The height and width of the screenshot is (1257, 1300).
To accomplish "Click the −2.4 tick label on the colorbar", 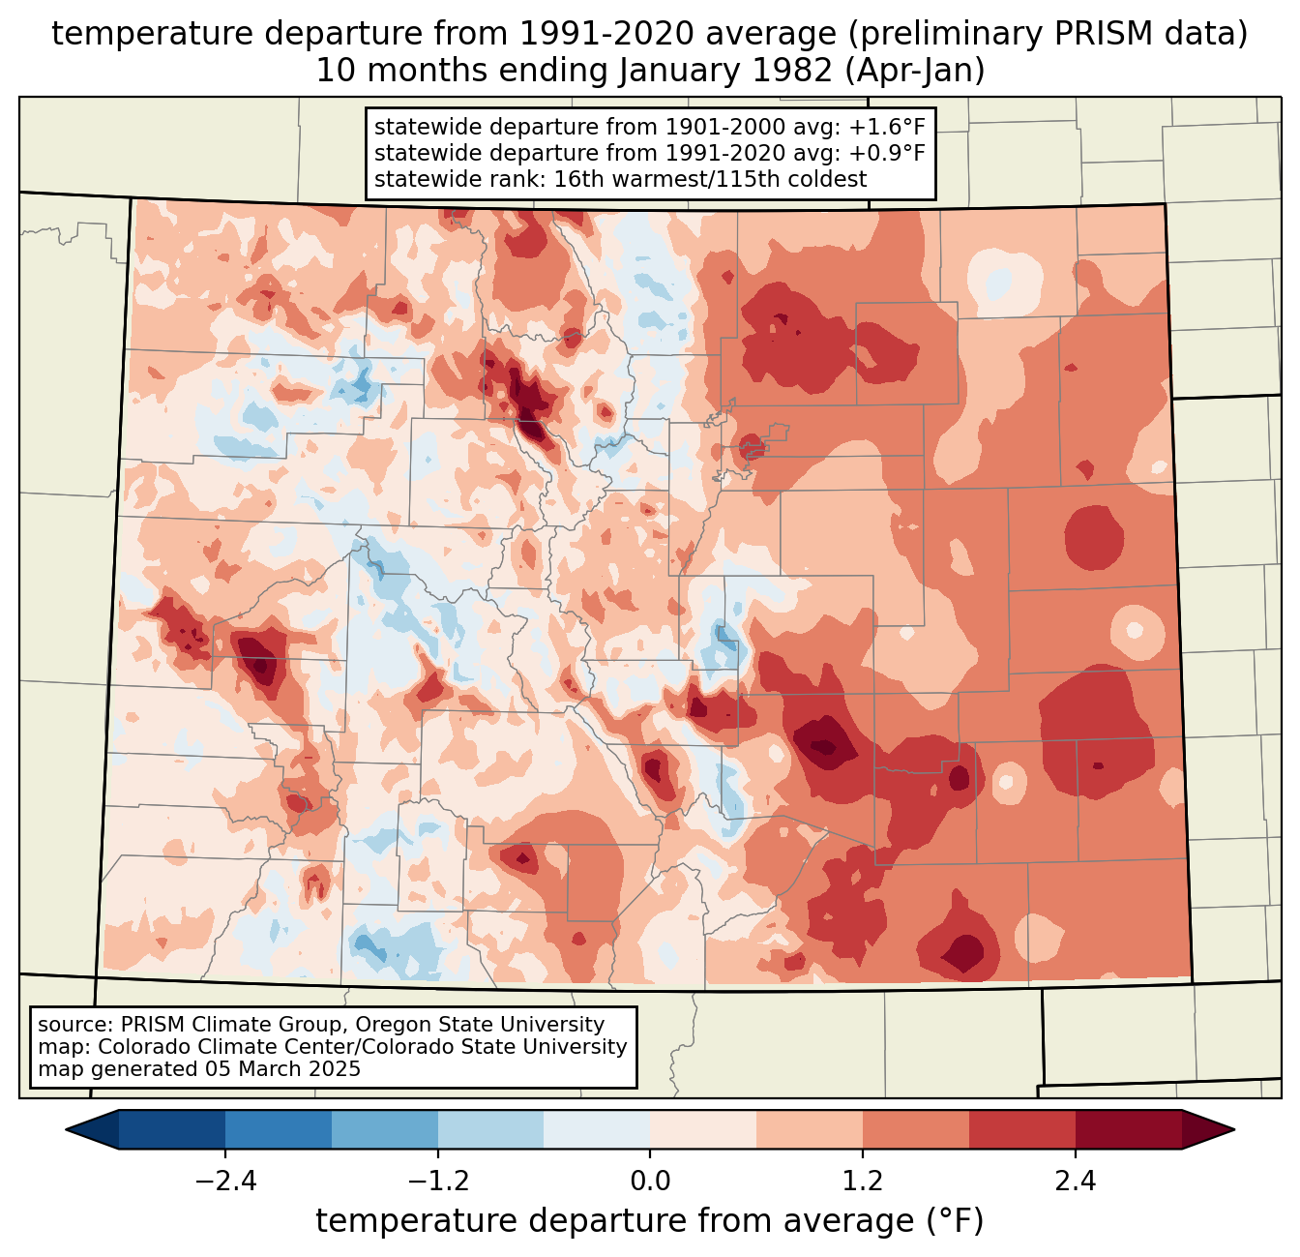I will point(224,1182).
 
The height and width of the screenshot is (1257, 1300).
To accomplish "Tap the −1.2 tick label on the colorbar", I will point(437,1182).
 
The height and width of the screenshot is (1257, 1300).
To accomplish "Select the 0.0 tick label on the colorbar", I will point(650,1182).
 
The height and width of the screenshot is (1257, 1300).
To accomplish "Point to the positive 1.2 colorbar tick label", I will point(863,1182).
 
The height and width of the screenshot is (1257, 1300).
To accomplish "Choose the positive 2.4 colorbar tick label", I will point(1076,1182).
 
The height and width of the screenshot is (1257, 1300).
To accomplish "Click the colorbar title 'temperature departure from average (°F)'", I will point(650,1221).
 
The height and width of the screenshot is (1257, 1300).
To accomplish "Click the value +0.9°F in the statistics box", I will point(890,153).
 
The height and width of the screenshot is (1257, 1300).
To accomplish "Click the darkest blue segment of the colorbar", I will point(172,1129).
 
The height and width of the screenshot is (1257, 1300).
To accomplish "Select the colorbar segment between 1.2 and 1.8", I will point(916,1129).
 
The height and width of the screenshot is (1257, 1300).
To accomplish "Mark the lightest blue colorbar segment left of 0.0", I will point(597,1129).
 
